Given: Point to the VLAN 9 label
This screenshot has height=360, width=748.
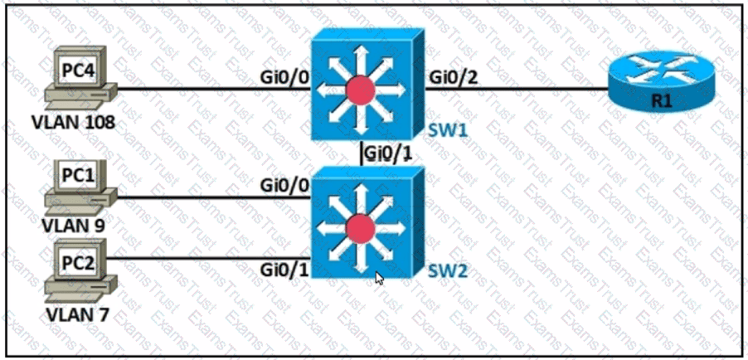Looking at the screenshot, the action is [x=74, y=226].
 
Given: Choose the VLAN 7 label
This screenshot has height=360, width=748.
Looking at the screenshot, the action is [x=77, y=314].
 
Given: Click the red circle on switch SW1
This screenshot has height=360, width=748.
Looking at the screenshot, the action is [x=361, y=90].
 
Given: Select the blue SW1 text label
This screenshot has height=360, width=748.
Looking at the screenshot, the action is [x=446, y=130].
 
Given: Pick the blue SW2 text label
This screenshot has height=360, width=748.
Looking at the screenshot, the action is [x=446, y=271].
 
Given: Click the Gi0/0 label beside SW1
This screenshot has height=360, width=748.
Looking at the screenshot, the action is [x=284, y=77].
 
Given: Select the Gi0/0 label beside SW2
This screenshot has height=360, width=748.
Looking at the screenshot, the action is [x=284, y=185].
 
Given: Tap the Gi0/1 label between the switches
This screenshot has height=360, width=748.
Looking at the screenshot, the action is [x=387, y=153].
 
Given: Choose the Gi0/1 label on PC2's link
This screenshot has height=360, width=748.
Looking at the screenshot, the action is [x=284, y=270].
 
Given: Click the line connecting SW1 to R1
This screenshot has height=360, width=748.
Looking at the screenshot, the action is [x=517, y=89].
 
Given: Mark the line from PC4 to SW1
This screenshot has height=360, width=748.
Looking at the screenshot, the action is [x=215, y=89].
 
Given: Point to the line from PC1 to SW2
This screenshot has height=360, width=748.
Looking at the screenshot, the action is [x=215, y=197].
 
